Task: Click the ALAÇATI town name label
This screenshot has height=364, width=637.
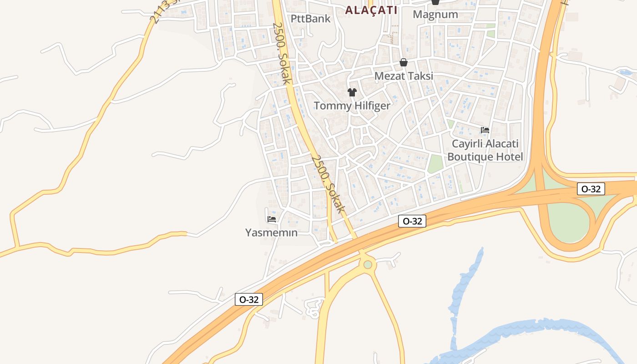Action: [x=371, y=10]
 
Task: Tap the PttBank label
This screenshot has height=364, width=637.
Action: [x=311, y=19]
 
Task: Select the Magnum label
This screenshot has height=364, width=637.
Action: [x=435, y=14]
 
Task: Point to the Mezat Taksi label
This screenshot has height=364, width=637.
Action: [x=404, y=76]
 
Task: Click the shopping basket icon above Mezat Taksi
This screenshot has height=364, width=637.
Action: [x=404, y=62]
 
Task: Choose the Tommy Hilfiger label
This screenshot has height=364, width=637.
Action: [x=352, y=106]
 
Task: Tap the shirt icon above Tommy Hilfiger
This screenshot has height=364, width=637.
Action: [x=352, y=92]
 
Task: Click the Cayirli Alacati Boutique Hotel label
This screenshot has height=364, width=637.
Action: [x=485, y=150]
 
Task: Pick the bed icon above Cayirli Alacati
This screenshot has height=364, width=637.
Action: [x=485, y=130]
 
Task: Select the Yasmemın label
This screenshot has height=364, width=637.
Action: [x=271, y=233]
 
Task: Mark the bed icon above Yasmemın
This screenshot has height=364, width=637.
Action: [x=272, y=219]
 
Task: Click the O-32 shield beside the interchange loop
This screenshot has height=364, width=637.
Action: [x=591, y=189]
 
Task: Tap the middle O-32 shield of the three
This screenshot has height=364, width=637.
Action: [x=412, y=221]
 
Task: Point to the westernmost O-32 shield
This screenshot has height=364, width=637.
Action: [x=249, y=299]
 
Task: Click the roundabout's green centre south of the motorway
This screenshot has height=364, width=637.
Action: [x=368, y=264]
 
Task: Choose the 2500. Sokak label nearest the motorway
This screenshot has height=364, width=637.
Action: [x=327, y=184]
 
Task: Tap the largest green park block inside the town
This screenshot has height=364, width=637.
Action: [x=435, y=164]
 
